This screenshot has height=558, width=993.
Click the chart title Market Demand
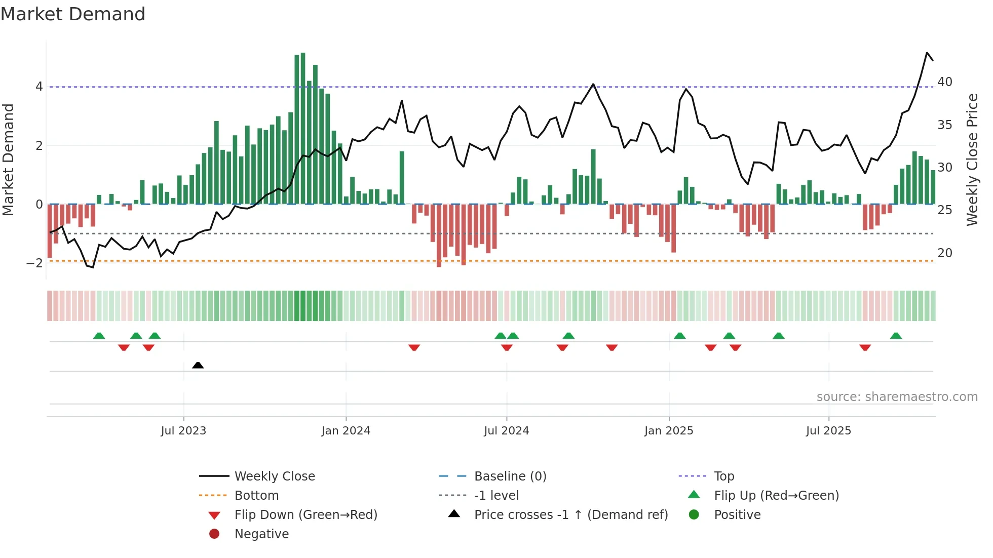(73, 14)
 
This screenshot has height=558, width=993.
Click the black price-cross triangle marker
(198, 365)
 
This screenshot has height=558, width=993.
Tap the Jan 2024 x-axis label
(346, 431)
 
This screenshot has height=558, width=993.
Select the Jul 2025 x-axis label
(828, 431)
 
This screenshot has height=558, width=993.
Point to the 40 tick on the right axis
(944, 82)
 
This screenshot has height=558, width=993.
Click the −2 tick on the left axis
(35, 263)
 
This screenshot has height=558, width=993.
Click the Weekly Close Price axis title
(972, 160)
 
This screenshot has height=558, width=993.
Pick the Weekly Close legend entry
(274, 476)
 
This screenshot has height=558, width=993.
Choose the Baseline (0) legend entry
(510, 476)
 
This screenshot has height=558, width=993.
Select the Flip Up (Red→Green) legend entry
(776, 495)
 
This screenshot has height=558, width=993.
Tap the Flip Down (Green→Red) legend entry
(305, 514)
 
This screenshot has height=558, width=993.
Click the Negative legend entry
(261, 534)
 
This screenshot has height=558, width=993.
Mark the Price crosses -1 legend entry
(570, 514)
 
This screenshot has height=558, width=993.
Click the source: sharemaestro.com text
(897, 396)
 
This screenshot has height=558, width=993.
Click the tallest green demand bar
(303, 127)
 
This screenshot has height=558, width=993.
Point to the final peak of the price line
(927, 53)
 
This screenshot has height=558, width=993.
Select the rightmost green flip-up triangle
(896, 336)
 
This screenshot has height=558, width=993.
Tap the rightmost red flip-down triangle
(865, 347)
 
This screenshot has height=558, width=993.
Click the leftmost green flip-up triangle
(99, 336)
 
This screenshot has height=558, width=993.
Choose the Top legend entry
(723, 476)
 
